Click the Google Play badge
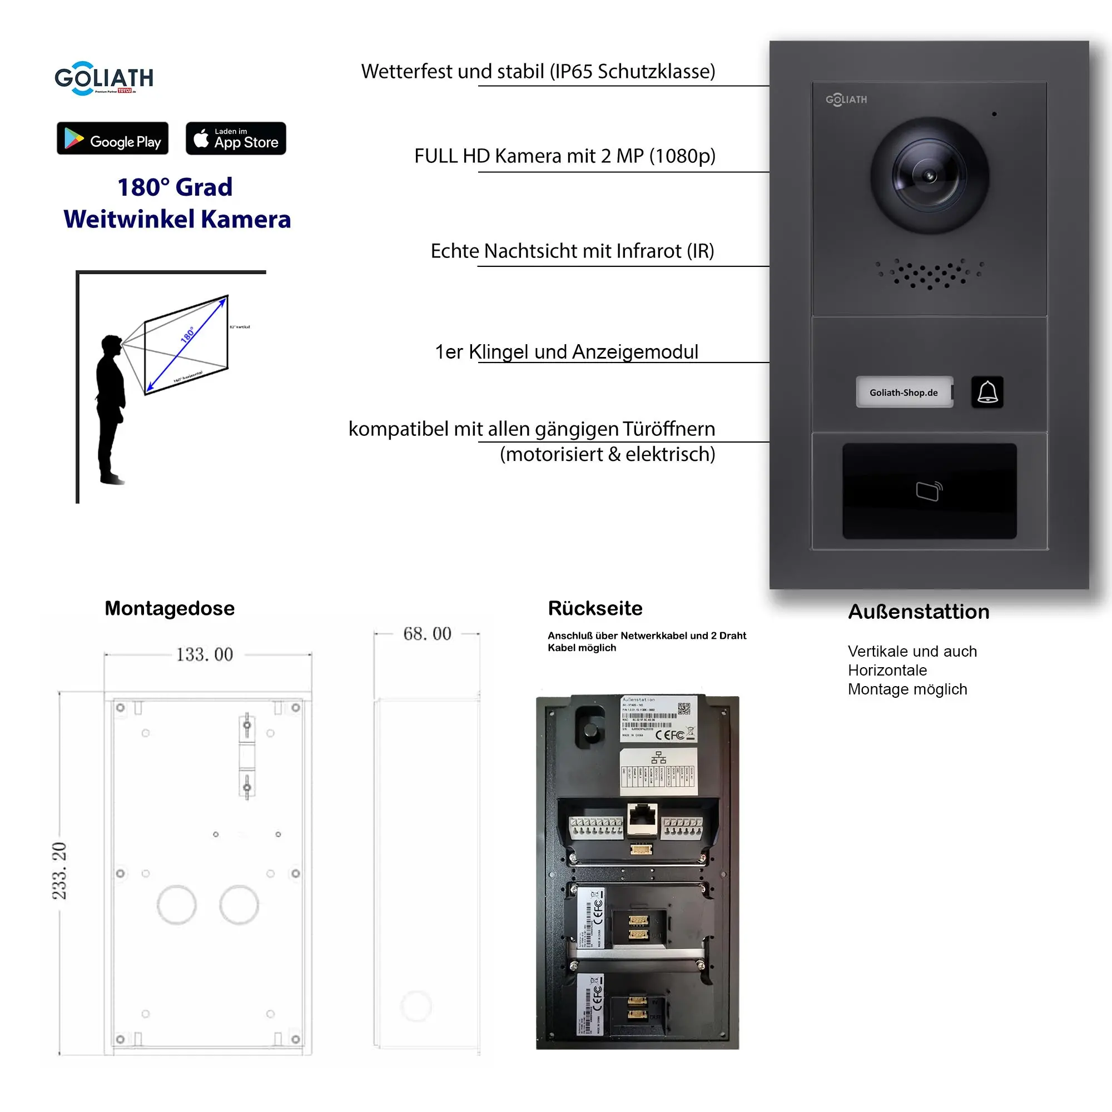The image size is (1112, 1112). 112,138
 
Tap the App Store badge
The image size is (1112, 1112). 235,138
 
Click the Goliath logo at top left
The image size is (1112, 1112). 103,78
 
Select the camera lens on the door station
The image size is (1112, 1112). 929,176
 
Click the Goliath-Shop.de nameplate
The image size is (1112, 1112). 904,393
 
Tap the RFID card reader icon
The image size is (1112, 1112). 929,491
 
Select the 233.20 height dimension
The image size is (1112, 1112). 59,870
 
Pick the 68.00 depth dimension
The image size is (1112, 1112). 427,634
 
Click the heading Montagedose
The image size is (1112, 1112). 169,608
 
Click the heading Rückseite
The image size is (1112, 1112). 595,608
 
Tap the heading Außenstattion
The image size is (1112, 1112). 919,612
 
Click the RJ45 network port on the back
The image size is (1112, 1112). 642,817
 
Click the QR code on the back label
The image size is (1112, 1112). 683,708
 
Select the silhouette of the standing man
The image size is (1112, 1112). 111,409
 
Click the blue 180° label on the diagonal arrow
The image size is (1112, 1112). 187,335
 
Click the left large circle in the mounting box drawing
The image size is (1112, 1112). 177,905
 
